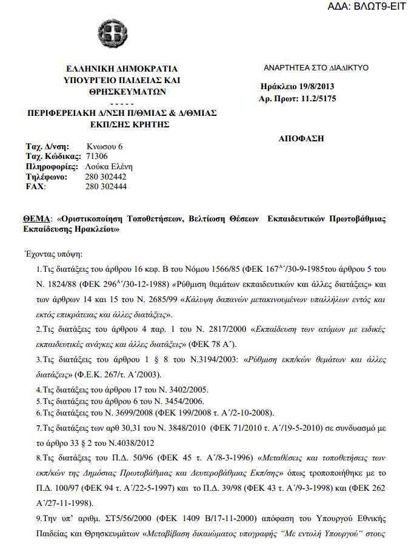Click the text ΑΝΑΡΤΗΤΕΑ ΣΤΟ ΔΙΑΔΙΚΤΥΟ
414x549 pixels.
pos(316,68)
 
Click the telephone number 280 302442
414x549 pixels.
pos(106,177)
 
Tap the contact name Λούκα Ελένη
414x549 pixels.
pos(109,167)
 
